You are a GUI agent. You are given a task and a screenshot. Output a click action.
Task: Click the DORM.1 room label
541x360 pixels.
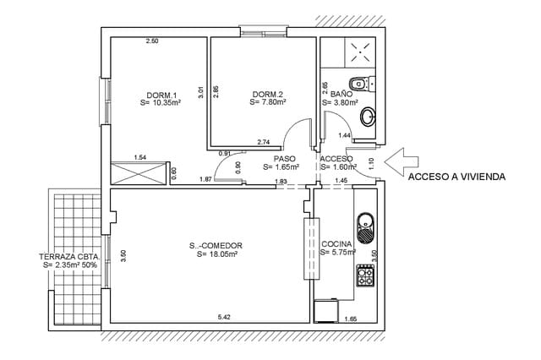(161, 94)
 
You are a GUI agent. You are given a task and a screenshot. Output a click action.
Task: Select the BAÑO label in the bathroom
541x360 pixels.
(342, 94)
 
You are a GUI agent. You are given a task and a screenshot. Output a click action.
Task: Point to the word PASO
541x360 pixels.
(284, 158)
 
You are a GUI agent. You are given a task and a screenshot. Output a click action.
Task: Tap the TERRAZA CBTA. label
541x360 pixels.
(71, 256)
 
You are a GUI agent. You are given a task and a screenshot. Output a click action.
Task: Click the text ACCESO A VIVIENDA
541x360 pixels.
(456, 177)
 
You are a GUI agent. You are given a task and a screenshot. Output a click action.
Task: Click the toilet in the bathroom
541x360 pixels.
(360, 84)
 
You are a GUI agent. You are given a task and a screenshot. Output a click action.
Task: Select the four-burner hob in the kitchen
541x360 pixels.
(366, 276)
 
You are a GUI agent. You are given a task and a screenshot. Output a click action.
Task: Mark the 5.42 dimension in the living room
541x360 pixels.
(224, 317)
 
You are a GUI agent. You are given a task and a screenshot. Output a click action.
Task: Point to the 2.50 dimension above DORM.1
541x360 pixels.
(152, 41)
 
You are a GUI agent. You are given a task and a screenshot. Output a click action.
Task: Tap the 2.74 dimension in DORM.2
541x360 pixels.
(263, 142)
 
